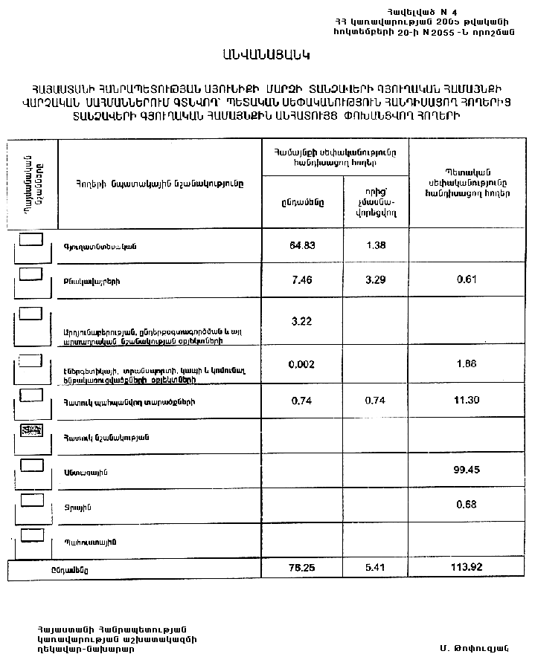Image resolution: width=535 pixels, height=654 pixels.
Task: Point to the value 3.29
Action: coord(376,282)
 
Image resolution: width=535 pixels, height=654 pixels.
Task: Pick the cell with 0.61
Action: coord(466,282)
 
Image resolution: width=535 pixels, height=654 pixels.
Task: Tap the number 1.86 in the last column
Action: coord(466,364)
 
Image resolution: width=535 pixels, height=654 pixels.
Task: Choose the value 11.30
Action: coord(466,400)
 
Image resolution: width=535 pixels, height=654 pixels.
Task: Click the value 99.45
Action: coord(466,470)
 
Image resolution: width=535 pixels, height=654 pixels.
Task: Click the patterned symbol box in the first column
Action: coord(31,430)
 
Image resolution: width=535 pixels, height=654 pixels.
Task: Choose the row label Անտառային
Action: coord(83,470)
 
